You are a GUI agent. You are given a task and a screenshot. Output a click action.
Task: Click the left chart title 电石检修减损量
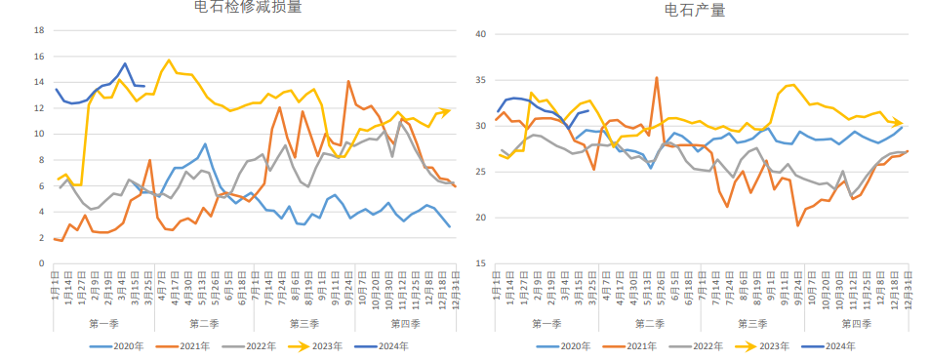pyautogui.click(x=248, y=8)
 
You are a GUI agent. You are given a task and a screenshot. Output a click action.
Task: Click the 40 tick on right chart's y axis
pyautogui.click(x=479, y=34)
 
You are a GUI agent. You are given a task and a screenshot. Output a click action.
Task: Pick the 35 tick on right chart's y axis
pyautogui.click(x=479, y=80)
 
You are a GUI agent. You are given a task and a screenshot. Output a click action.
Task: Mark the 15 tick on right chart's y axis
pyautogui.click(x=479, y=263)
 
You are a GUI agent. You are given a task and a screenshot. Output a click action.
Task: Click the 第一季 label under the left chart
pyautogui.click(x=104, y=323)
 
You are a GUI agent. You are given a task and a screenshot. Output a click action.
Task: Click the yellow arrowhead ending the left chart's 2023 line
pyautogui.click(x=446, y=111)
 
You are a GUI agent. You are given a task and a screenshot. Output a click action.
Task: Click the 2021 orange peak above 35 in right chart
pyautogui.click(x=657, y=77)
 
